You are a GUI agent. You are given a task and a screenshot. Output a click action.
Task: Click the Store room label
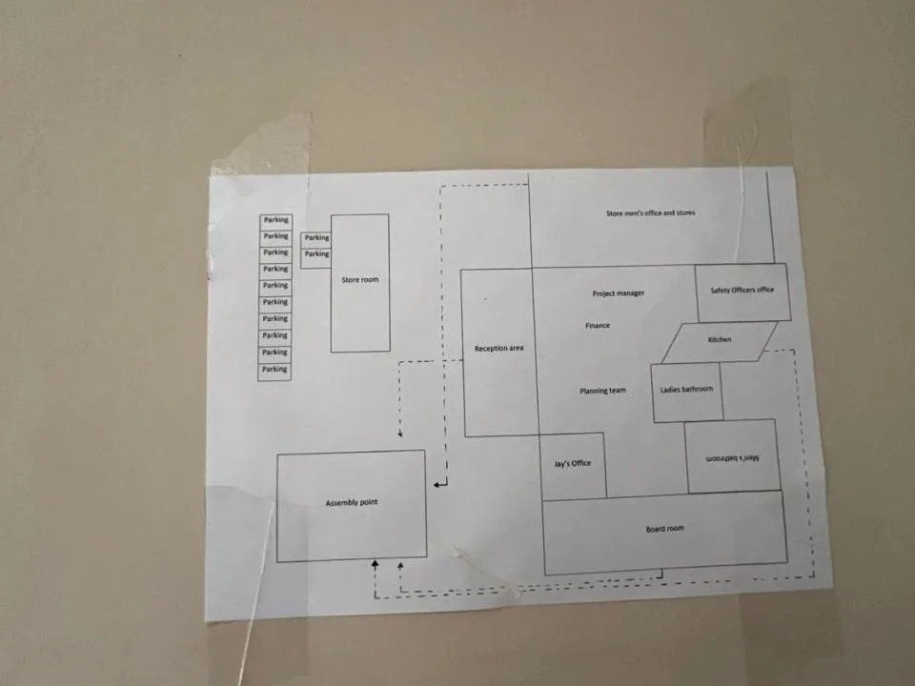(360, 279)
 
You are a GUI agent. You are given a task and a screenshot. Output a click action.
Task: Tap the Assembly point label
(352, 502)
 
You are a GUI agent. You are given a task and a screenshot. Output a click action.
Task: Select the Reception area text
(498, 349)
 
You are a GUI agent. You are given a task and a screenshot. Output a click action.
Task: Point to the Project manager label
(619, 293)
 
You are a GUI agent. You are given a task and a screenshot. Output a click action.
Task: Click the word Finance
(598, 326)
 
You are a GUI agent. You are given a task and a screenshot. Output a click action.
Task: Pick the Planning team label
(602, 391)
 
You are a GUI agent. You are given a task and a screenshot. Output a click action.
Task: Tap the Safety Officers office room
(742, 293)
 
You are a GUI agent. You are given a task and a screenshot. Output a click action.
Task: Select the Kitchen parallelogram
(719, 342)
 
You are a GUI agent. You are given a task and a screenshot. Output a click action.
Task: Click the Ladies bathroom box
(687, 392)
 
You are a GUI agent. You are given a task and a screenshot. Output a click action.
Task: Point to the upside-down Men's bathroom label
(732, 458)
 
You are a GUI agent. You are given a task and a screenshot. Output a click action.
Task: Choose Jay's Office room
(573, 466)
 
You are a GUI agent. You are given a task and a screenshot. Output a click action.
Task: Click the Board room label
(664, 529)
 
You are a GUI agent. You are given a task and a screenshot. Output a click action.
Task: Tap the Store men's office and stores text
(651, 212)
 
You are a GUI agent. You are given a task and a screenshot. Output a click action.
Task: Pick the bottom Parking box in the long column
(274, 372)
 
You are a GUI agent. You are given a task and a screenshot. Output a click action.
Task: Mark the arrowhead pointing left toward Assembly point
(437, 484)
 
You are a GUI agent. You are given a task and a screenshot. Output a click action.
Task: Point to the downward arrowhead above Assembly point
(400, 434)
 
